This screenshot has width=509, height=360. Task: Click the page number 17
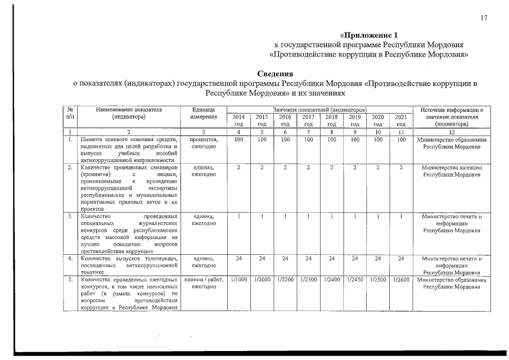pyautogui.click(x=483, y=18)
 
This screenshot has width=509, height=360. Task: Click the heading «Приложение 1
pyautogui.click(x=368, y=35)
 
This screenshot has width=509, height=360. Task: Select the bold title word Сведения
pyautogui.click(x=275, y=74)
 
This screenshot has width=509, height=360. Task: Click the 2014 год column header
pyautogui.click(x=238, y=120)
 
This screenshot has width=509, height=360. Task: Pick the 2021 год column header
pyautogui.click(x=400, y=120)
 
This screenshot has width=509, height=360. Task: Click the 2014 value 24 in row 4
pyautogui.click(x=238, y=259)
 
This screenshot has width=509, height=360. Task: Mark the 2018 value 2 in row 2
pyautogui.click(x=332, y=168)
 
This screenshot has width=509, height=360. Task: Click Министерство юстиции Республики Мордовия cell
pyautogui.click(x=452, y=171)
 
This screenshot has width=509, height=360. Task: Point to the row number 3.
pyautogui.click(x=69, y=216)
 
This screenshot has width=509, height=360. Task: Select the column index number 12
pyautogui.click(x=452, y=132)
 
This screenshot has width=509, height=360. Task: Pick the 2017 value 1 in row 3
pyautogui.click(x=308, y=216)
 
